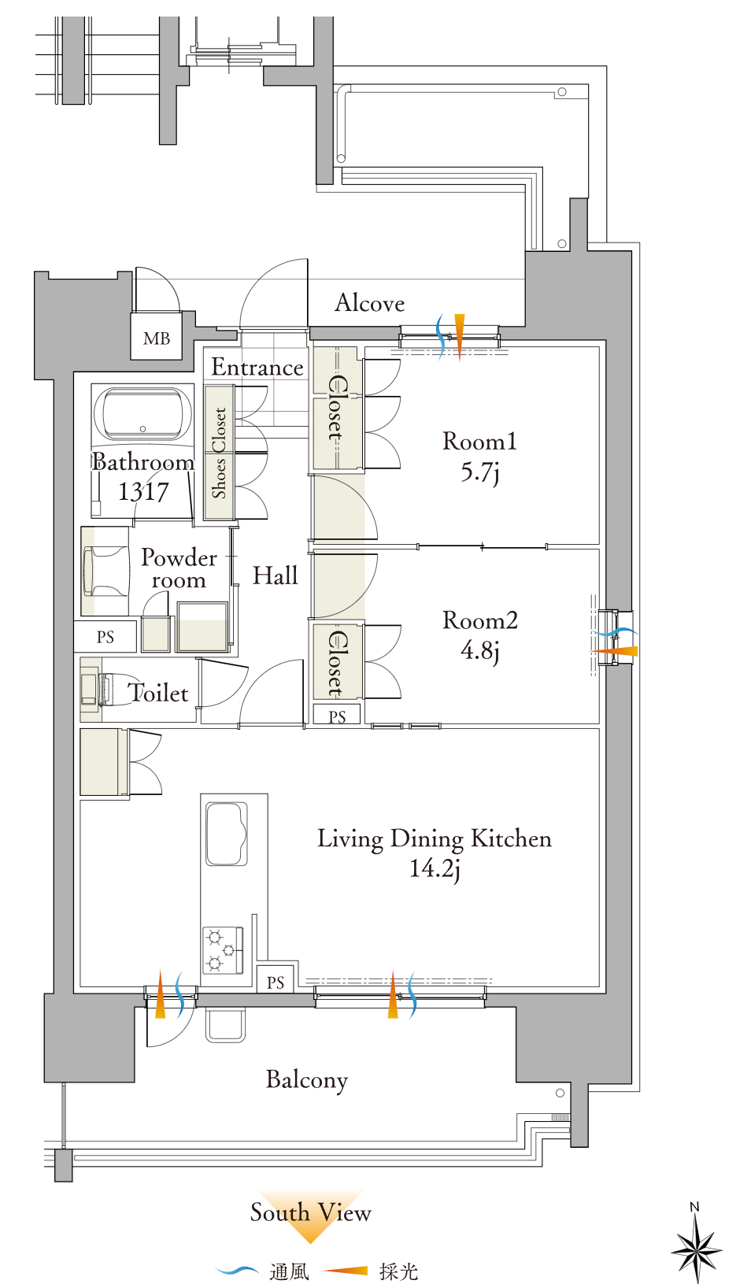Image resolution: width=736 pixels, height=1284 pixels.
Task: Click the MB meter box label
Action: pyautogui.click(x=157, y=339)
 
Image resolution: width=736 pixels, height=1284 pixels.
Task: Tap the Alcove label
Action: pyautogui.click(x=370, y=302)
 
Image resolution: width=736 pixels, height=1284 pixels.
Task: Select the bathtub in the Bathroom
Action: pyautogui.click(x=142, y=414)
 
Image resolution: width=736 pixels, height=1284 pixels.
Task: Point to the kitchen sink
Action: pyautogui.click(x=227, y=834)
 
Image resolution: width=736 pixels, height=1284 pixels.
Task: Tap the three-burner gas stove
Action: pyautogui.click(x=223, y=950)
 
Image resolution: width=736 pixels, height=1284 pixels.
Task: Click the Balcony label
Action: pyautogui.click(x=307, y=1081)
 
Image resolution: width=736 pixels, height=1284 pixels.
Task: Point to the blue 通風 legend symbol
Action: pyautogui.click(x=237, y=1271)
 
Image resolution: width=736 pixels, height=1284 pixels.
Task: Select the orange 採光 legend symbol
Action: pyautogui.click(x=346, y=1271)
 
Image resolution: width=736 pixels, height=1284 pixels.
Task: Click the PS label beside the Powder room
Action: pyautogui.click(x=105, y=637)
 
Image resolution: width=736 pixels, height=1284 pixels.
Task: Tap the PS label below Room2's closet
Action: pyautogui.click(x=337, y=716)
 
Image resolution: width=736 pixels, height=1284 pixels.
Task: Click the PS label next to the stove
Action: pyautogui.click(x=276, y=982)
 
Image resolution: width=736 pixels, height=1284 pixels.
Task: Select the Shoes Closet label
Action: pyautogui.click(x=219, y=453)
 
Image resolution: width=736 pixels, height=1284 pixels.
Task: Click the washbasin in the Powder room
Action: pyautogui.click(x=105, y=570)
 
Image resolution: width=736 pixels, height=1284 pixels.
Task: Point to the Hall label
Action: pyautogui.click(x=276, y=575)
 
